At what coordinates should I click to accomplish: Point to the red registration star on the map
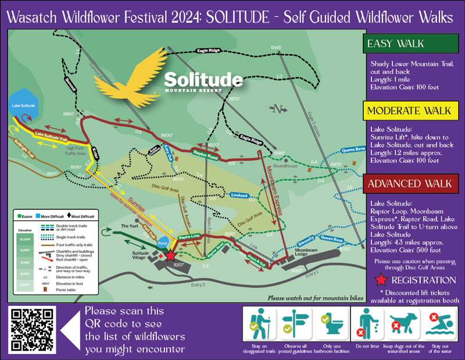tap(170, 255)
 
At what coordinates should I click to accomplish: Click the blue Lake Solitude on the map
tap(24, 104)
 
